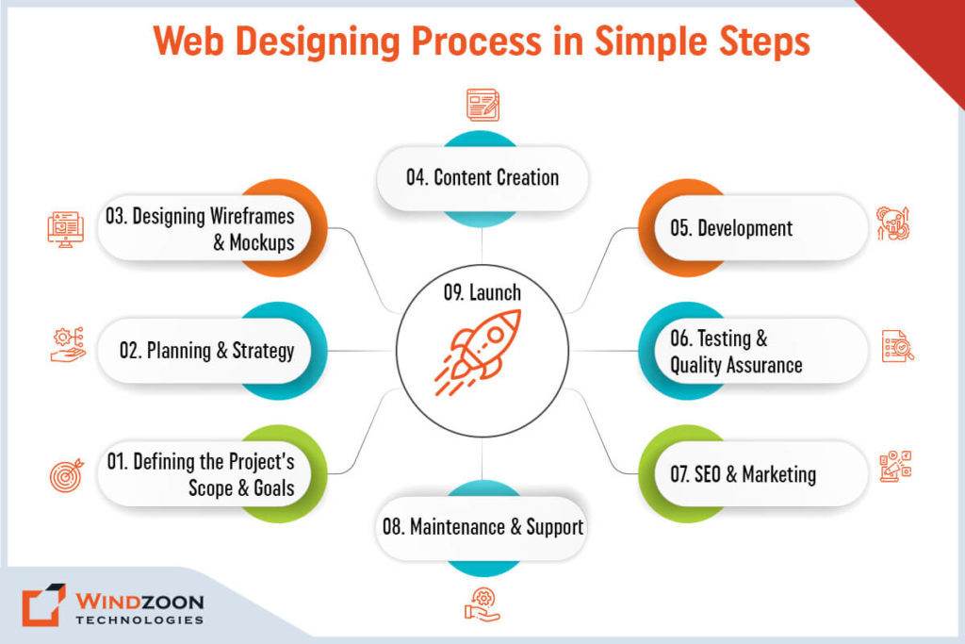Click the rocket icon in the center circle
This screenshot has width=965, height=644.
[x=478, y=352]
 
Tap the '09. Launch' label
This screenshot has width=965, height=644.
[x=482, y=292]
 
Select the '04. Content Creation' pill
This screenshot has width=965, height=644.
[x=482, y=178]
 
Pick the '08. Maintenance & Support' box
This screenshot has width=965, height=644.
[x=482, y=528]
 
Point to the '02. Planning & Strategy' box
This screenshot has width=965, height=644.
[x=204, y=351]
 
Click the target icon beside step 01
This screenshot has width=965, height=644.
[x=67, y=475]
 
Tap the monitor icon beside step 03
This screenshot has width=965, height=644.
[x=66, y=229]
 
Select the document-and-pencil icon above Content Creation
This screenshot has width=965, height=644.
[x=483, y=105]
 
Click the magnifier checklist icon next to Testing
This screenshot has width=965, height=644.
[x=898, y=346]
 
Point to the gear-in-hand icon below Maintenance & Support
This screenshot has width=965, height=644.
[x=482, y=604]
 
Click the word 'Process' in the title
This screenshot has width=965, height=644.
[x=476, y=41]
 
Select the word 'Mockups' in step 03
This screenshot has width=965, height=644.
[x=262, y=242]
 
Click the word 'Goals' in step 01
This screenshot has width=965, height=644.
[x=274, y=488]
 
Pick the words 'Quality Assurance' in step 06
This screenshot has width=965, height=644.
[x=736, y=366]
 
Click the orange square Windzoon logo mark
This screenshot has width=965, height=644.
[x=43, y=604]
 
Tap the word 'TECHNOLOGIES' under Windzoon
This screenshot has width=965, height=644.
[x=139, y=620]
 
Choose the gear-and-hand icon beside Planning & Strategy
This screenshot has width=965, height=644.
[x=68, y=345]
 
